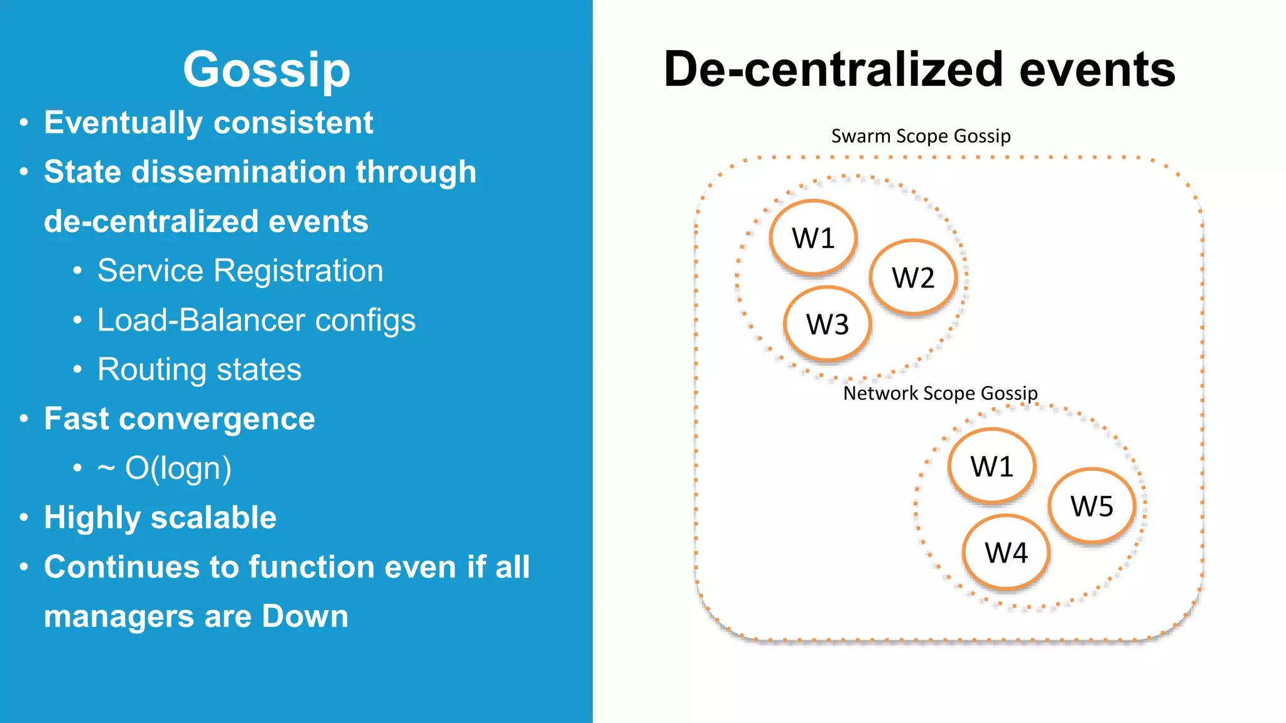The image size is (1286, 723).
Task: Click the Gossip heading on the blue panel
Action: pos(266,70)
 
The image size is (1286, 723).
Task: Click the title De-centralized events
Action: pos(919,69)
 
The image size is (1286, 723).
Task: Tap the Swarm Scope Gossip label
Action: pos(921,136)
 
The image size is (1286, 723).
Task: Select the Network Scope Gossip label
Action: pos(940,393)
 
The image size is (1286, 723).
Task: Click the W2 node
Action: pos(913,277)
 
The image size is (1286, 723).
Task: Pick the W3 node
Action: pos(828,324)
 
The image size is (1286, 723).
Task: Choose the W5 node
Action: pos(1092,505)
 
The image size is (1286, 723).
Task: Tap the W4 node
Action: pos(1006,552)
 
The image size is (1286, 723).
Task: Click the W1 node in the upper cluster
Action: pos(813,238)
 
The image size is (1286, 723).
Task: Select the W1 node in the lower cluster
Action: pos(992,466)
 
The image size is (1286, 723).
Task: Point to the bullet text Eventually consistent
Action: pos(208,122)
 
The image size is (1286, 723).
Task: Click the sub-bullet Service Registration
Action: pos(240,270)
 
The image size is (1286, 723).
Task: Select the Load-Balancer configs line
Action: pos(256,320)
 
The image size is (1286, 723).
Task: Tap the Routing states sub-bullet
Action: pos(199,369)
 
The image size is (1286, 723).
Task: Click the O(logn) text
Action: pos(178,468)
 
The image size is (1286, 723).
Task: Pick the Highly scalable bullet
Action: pos(160,518)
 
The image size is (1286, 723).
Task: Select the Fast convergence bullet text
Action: pos(180,419)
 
